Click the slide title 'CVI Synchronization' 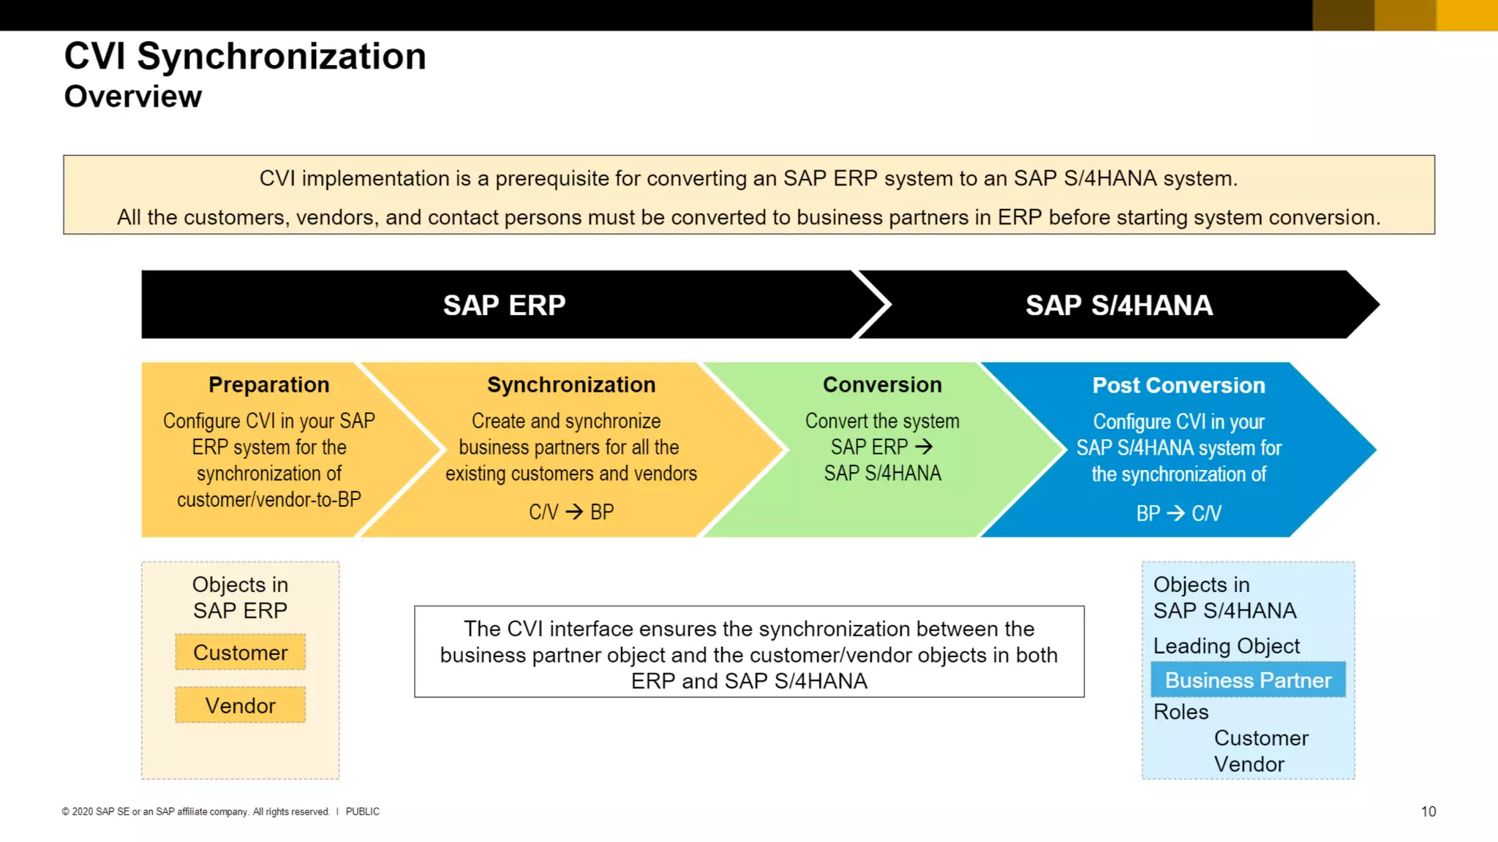click(x=245, y=56)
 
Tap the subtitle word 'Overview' click(x=133, y=96)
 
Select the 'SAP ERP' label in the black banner click(x=504, y=305)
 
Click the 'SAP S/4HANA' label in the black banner click(x=1118, y=305)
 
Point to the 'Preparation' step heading click(x=268, y=384)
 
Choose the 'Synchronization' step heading click(x=571, y=384)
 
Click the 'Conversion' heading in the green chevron click(x=882, y=384)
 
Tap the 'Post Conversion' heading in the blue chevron click(x=1178, y=385)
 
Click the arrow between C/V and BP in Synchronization click(x=574, y=512)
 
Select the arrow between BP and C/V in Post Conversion click(x=1175, y=513)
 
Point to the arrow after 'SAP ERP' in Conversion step click(x=924, y=447)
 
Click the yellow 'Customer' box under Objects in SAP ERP click(x=240, y=652)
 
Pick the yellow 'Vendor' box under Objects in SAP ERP click(x=240, y=705)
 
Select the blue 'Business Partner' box click(x=1248, y=680)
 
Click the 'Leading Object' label click(x=1226, y=646)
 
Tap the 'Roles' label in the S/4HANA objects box click(x=1181, y=712)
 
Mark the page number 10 click(x=1428, y=811)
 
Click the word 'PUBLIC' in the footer click(x=362, y=811)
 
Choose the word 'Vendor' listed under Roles click(x=1249, y=765)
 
